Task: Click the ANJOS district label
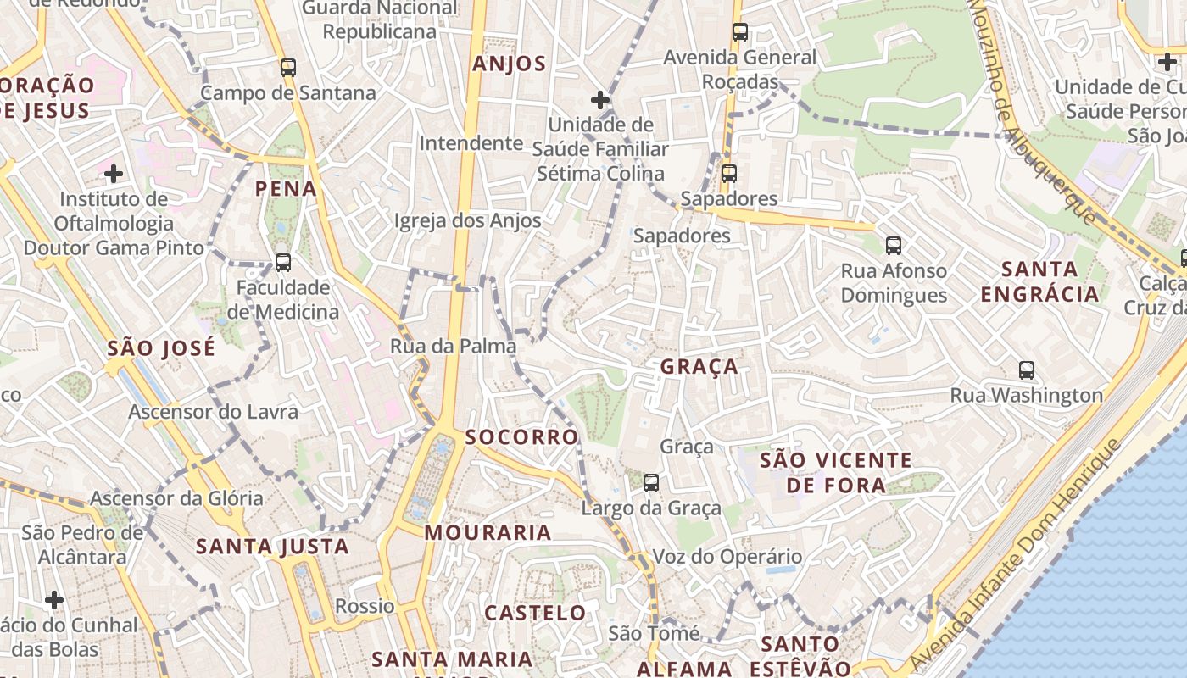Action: coord(510,64)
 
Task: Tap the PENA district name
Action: coord(287,188)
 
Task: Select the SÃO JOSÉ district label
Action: coord(162,348)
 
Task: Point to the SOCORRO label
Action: coord(521,437)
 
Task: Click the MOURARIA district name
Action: coord(488,533)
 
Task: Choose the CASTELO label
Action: coord(535,613)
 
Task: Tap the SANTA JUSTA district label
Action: coord(272,547)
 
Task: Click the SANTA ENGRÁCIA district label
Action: coord(1039,282)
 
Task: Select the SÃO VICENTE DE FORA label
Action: coord(836,473)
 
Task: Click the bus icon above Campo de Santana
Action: coord(288,68)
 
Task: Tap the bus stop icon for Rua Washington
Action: coord(1027,370)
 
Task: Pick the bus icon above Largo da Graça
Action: coord(651,483)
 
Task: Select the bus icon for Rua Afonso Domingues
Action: coord(894,246)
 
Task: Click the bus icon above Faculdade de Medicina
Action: coord(283,263)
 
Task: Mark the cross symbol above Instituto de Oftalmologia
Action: coord(114,174)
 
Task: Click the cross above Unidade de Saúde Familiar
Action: coord(600,100)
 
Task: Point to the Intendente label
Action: coord(471,143)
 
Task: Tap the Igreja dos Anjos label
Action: coord(468,221)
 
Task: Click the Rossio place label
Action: coord(365,606)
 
